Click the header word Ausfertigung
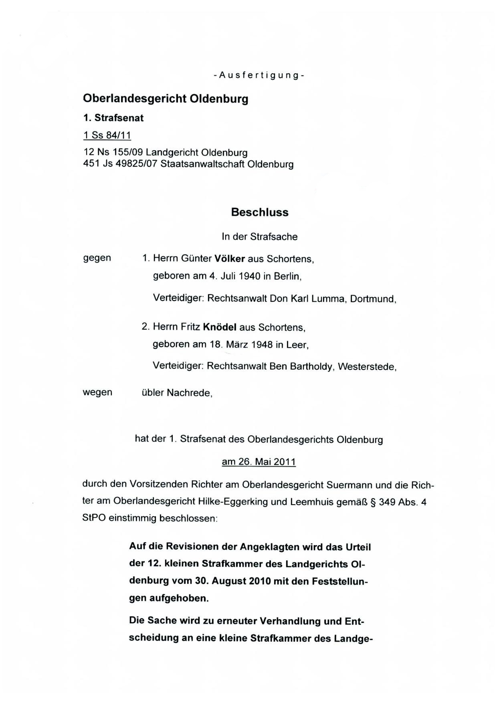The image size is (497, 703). [259, 75]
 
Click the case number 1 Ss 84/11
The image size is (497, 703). [107, 135]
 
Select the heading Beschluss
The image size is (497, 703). [260, 212]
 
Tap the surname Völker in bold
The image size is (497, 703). [230, 259]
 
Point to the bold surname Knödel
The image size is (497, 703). [220, 327]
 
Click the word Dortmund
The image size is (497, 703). [372, 299]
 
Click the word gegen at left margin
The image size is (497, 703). [97, 258]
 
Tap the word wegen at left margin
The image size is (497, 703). [97, 392]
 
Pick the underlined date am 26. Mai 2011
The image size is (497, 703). [259, 462]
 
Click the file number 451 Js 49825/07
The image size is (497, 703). [120, 164]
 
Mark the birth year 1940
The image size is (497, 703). [249, 276]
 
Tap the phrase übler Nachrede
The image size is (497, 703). [176, 393]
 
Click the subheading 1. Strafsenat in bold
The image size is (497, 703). [113, 118]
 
